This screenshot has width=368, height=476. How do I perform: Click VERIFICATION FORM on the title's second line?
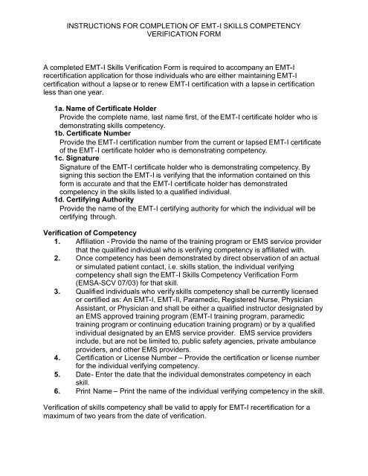(184, 38)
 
